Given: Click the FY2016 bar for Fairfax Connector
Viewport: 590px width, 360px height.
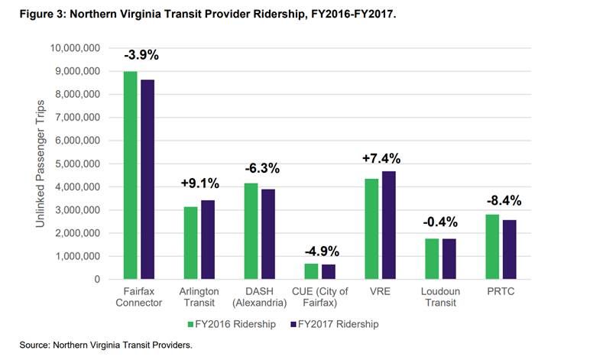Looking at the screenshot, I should pos(131,175).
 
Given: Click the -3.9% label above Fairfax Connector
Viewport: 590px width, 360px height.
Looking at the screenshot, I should pos(141,56).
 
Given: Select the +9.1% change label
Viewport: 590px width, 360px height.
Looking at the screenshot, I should pos(199,183).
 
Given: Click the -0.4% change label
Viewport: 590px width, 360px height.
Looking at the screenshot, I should pos(441,222).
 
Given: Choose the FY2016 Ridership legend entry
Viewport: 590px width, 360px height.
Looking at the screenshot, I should pos(233,324).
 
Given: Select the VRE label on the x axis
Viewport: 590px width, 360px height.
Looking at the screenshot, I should pos(380,291).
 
